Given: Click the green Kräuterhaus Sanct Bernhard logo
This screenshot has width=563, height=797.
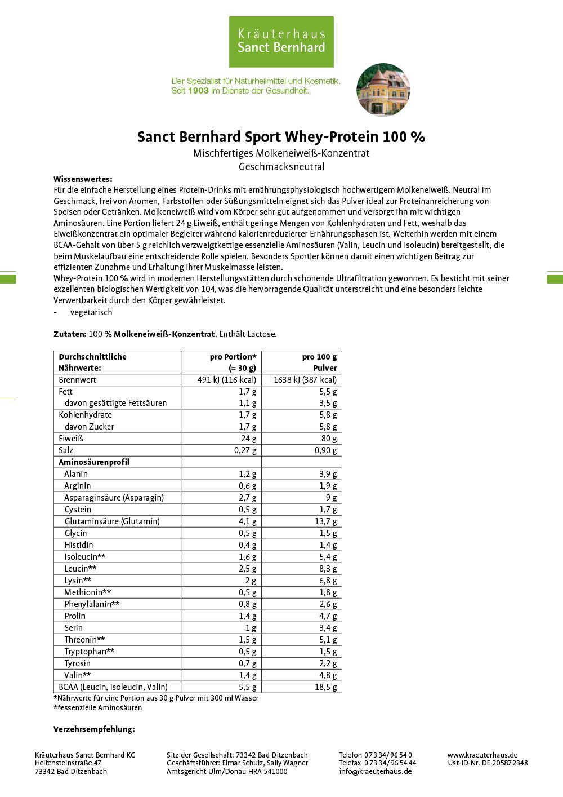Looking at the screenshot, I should coord(281,42).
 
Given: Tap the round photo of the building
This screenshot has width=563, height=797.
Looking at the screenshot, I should coord(383,90).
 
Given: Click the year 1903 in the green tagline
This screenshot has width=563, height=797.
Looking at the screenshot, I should coord(198,91).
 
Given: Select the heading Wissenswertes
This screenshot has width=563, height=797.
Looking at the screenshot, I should coord(83,179).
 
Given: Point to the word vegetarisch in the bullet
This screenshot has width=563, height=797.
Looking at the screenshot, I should coord(91,312).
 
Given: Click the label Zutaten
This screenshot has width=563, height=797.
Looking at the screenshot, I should coord(70,334).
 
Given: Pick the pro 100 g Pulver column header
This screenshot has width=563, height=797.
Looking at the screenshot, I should coord(319,362).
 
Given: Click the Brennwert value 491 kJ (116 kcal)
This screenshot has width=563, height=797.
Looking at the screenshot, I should coord(227,380).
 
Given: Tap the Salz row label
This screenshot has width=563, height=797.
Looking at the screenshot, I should coord(66,450).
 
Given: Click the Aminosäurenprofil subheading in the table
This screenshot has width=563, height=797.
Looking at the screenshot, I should coord(94,462).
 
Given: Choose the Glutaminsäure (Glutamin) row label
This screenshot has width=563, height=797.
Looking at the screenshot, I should coord(112,521).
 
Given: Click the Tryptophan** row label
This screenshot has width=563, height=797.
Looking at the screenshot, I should coord(90,652).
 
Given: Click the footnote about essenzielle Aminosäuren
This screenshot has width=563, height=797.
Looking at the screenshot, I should coord(97,708).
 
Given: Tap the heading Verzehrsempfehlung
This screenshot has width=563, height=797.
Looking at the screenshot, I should coord(94,729).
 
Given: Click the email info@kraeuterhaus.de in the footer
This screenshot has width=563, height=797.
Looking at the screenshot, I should coord(375,772).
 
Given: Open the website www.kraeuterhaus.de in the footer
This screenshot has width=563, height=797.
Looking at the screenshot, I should coord(482,755).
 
